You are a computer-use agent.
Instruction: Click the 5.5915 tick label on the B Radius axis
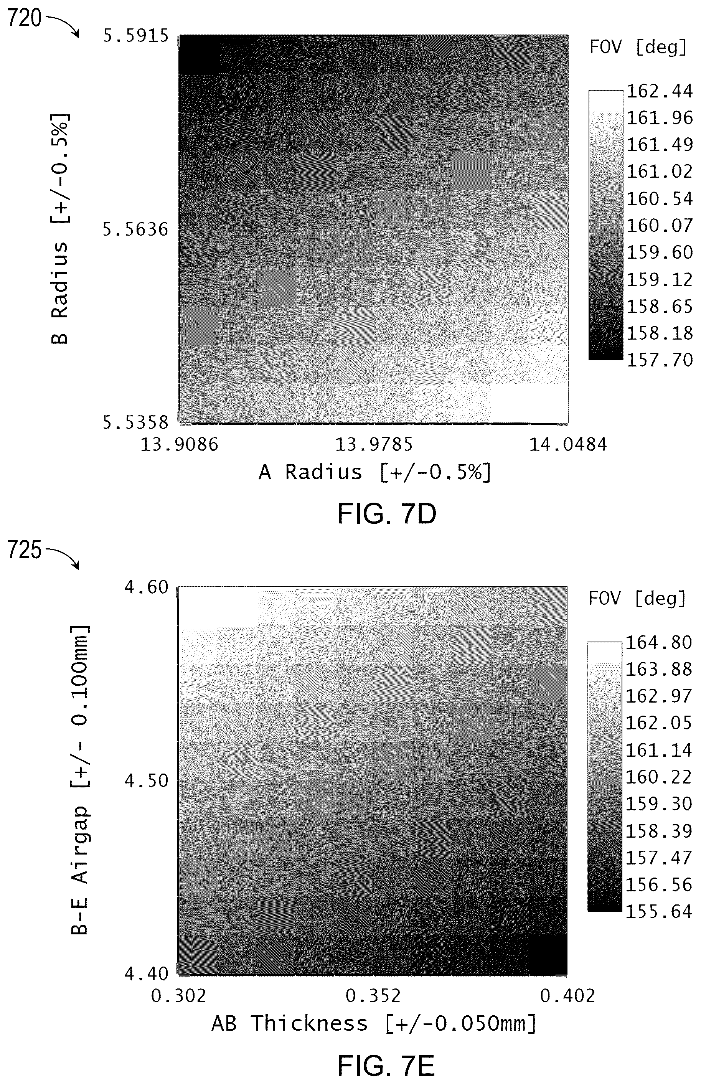click(x=136, y=36)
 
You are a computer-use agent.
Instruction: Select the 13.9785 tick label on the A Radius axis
click(x=374, y=444)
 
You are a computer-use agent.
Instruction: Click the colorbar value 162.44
click(x=660, y=91)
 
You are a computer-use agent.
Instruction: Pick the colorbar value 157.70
click(x=660, y=360)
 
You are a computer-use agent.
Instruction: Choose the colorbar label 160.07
click(x=660, y=226)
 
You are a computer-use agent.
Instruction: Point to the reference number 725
click(x=25, y=550)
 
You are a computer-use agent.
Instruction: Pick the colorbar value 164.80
click(x=659, y=642)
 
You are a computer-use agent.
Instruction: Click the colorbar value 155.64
click(x=659, y=911)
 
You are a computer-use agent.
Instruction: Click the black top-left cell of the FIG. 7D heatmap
click(x=199, y=54)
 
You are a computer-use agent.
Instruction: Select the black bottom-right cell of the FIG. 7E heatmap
click(x=548, y=955)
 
